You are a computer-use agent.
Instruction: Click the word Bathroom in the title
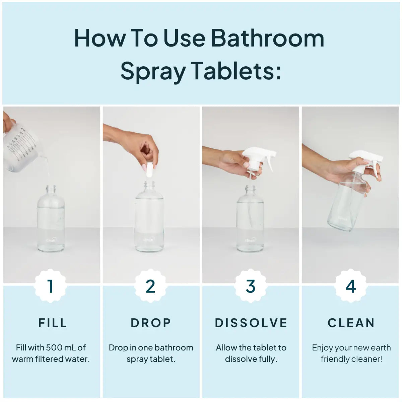click(x=267, y=38)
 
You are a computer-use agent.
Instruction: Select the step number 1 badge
click(x=51, y=286)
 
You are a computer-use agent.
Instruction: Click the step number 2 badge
click(x=150, y=286)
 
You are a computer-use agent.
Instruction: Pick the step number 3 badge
click(x=251, y=286)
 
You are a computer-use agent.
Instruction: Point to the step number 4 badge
click(x=350, y=286)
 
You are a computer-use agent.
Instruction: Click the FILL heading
click(x=53, y=323)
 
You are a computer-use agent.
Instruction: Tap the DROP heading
click(x=151, y=323)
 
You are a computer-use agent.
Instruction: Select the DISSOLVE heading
click(x=251, y=323)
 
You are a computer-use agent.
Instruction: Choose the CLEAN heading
click(x=351, y=323)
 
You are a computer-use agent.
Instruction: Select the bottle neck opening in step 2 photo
click(x=149, y=184)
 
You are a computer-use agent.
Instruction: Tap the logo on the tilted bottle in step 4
click(x=343, y=218)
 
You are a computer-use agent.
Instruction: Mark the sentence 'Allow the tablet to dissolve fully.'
click(x=251, y=353)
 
